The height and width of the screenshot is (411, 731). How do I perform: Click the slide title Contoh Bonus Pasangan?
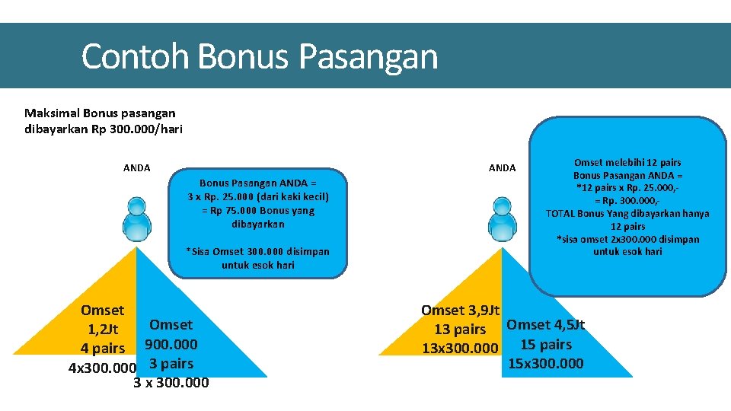pos(259,57)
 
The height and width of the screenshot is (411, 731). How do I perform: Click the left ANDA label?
pos(137,168)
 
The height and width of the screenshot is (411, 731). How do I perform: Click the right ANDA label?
pos(502,168)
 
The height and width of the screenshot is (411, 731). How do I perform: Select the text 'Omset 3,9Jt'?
pos(460,311)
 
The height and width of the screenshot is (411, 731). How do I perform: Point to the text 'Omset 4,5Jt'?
pos(545,325)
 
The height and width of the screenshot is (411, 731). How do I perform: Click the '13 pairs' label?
pos(460,330)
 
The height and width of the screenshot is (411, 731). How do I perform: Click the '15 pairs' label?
pos(545,344)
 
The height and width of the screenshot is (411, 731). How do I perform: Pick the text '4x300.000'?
pos(102,368)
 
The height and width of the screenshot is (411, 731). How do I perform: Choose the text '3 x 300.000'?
pos(171,383)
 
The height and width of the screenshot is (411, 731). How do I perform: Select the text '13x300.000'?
pos(460,349)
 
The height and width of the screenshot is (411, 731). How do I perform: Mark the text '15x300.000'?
pos(545,363)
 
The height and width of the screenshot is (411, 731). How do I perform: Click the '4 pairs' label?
pos(102,349)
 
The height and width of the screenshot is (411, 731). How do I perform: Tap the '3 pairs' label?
pos(171,364)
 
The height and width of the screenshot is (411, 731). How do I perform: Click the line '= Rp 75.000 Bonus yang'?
pos(257,211)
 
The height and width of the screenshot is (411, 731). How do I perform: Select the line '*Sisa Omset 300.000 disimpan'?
pos(257,252)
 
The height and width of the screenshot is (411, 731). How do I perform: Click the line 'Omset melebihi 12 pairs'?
pos(627,163)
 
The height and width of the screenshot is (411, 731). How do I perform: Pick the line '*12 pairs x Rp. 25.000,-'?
pos(627,188)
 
